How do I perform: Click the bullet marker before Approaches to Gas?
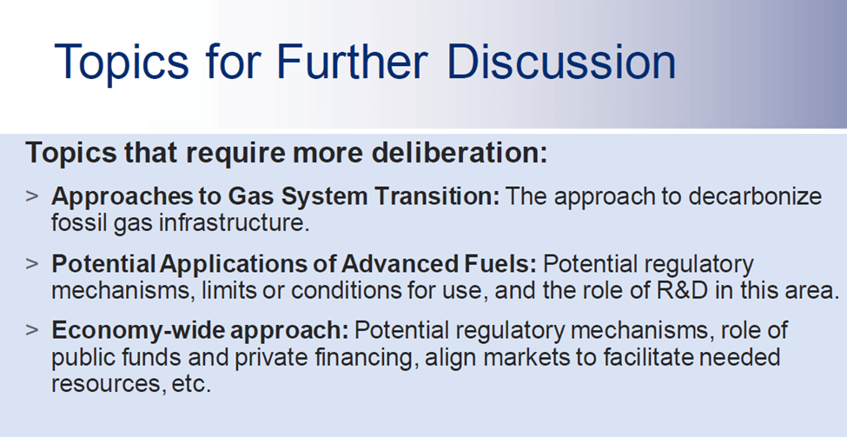pyautogui.click(x=32, y=195)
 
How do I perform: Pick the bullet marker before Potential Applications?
pyautogui.click(x=32, y=263)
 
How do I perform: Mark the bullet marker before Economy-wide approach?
pyautogui.click(x=32, y=329)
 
